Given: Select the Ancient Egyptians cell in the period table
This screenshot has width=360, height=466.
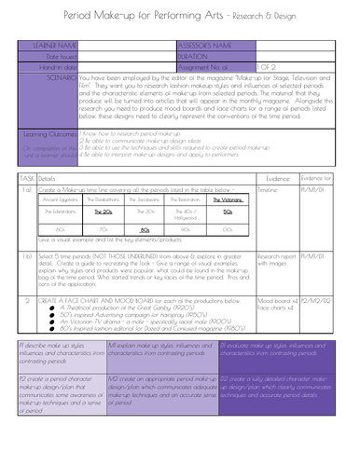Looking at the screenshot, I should coord(60,199).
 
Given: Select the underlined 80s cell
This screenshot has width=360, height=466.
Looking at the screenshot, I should coord(145,228).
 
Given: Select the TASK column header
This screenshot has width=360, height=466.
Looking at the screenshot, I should coord(27,176).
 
